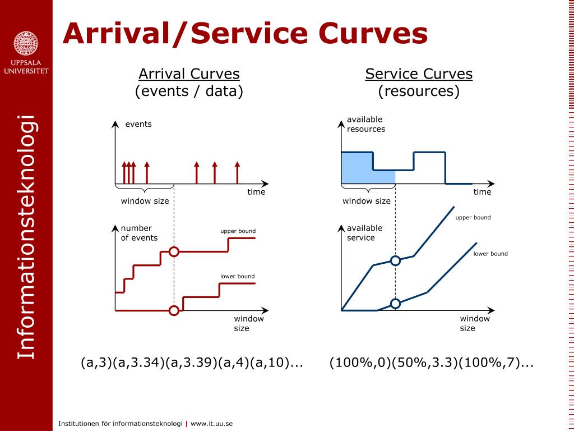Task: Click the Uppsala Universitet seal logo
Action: coord(26,43)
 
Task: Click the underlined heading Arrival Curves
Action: coord(189,74)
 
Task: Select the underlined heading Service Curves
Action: coord(419,74)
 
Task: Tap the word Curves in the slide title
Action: coord(375,33)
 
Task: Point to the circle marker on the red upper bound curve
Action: coord(174,252)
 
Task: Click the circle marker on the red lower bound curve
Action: coord(174,310)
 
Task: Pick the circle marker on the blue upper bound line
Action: coord(395,260)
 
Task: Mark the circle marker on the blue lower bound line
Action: coord(395,304)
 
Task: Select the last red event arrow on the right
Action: coord(237,172)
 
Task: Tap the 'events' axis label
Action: coord(138,124)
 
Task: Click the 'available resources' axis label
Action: coord(366,124)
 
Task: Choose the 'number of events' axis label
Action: coord(139,233)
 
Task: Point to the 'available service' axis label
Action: coord(364,233)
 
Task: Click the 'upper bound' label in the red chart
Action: coord(238,231)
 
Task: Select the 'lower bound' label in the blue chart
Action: coord(490,254)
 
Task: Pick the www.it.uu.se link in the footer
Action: coord(211,424)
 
